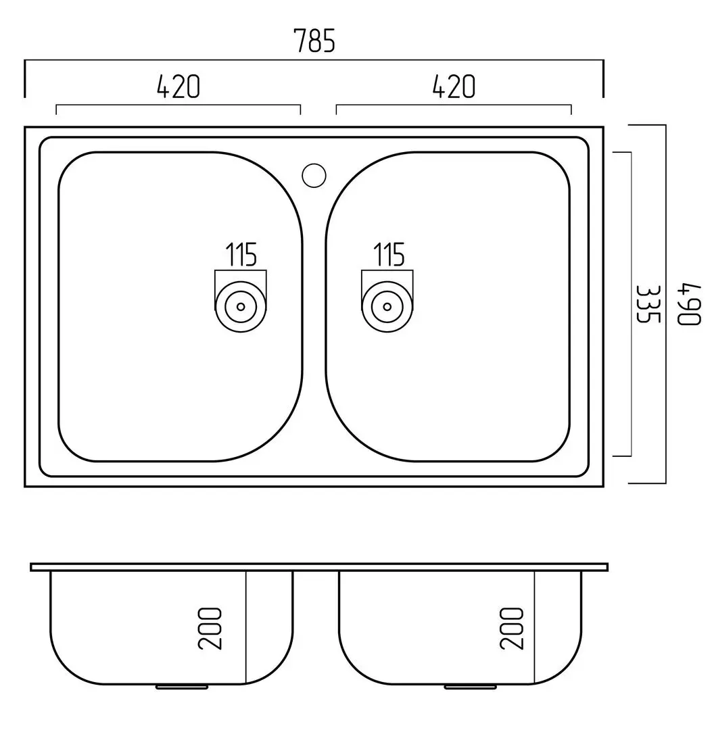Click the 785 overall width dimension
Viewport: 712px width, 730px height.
pos(314,42)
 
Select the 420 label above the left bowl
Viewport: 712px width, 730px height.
pos(179,87)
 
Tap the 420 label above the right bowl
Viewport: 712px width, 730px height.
pos(454,87)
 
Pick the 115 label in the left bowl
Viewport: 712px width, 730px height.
pos(241,255)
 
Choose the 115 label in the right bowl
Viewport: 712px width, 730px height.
pos(389,255)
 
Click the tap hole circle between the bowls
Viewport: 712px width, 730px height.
pos(314,174)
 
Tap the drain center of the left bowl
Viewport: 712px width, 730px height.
pos(240,306)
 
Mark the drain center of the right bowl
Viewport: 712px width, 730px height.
pos(387,306)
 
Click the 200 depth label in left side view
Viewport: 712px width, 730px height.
pos(212,629)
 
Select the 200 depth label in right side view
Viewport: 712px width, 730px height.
pos(513,629)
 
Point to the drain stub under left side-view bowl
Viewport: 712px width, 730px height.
pos(183,686)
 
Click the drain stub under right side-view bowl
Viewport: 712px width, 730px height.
pos(471,686)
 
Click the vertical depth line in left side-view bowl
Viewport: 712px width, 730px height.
pos(245,625)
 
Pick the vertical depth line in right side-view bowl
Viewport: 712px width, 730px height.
pos(534,625)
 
